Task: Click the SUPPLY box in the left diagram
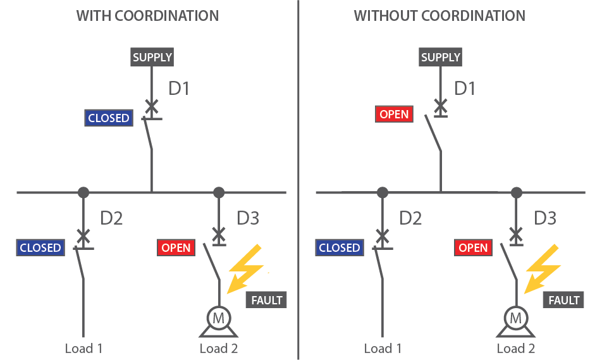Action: tap(152, 58)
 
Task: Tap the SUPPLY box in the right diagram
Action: tap(441, 58)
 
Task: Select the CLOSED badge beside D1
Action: tap(109, 118)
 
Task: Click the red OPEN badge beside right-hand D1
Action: tap(395, 115)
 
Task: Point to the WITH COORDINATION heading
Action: tap(148, 16)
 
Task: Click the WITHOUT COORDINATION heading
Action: tap(439, 16)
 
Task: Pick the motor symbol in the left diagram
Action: tap(218, 319)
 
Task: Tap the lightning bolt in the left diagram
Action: tap(247, 268)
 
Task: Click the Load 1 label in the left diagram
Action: tap(83, 348)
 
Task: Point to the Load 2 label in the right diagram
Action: tap(516, 348)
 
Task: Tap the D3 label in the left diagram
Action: tap(248, 218)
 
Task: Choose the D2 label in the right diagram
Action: tap(410, 218)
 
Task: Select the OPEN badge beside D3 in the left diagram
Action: tap(176, 248)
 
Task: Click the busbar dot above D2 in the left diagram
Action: tap(83, 192)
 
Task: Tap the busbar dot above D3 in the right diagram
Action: tap(517, 192)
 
